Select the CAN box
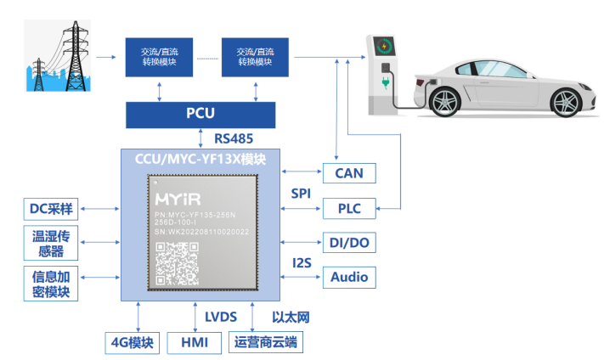[x=348, y=173]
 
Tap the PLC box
[x=348, y=207]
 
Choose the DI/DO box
[x=348, y=242]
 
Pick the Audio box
[x=348, y=276]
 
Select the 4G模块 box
[x=130, y=343]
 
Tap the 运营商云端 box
[x=267, y=343]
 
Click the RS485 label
[x=233, y=138]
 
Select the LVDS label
[x=220, y=318]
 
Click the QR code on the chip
[x=175, y=262]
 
